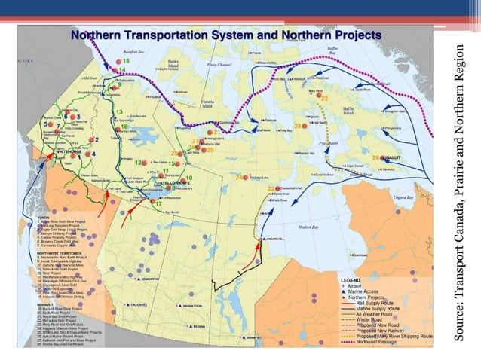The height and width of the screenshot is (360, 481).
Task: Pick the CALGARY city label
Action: (137, 304)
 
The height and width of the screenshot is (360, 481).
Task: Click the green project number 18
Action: (126, 60)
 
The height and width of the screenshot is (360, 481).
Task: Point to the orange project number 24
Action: (238, 178)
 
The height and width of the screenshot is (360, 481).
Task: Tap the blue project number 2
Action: (97, 140)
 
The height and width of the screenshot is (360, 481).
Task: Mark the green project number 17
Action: (158, 204)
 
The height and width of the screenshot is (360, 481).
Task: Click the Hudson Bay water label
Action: (310, 225)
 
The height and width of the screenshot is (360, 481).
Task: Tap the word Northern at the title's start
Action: (93, 35)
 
